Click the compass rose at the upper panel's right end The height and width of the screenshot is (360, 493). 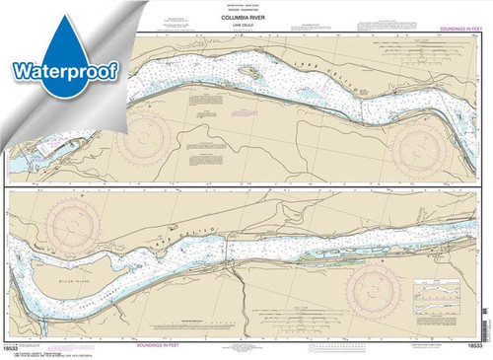pyautogui.click(x=425, y=138)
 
